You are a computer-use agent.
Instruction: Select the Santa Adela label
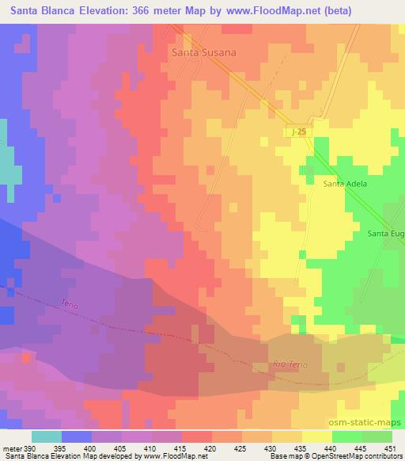tap(346, 184)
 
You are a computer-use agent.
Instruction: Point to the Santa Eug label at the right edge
tap(386, 234)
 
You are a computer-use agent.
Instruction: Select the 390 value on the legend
tap(31, 448)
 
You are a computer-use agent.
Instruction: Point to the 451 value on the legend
tap(392, 448)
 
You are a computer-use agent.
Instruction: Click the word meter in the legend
tap(13, 448)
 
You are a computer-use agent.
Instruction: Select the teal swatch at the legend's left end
tap(46, 436)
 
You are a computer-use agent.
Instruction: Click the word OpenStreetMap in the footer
tap(325, 456)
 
